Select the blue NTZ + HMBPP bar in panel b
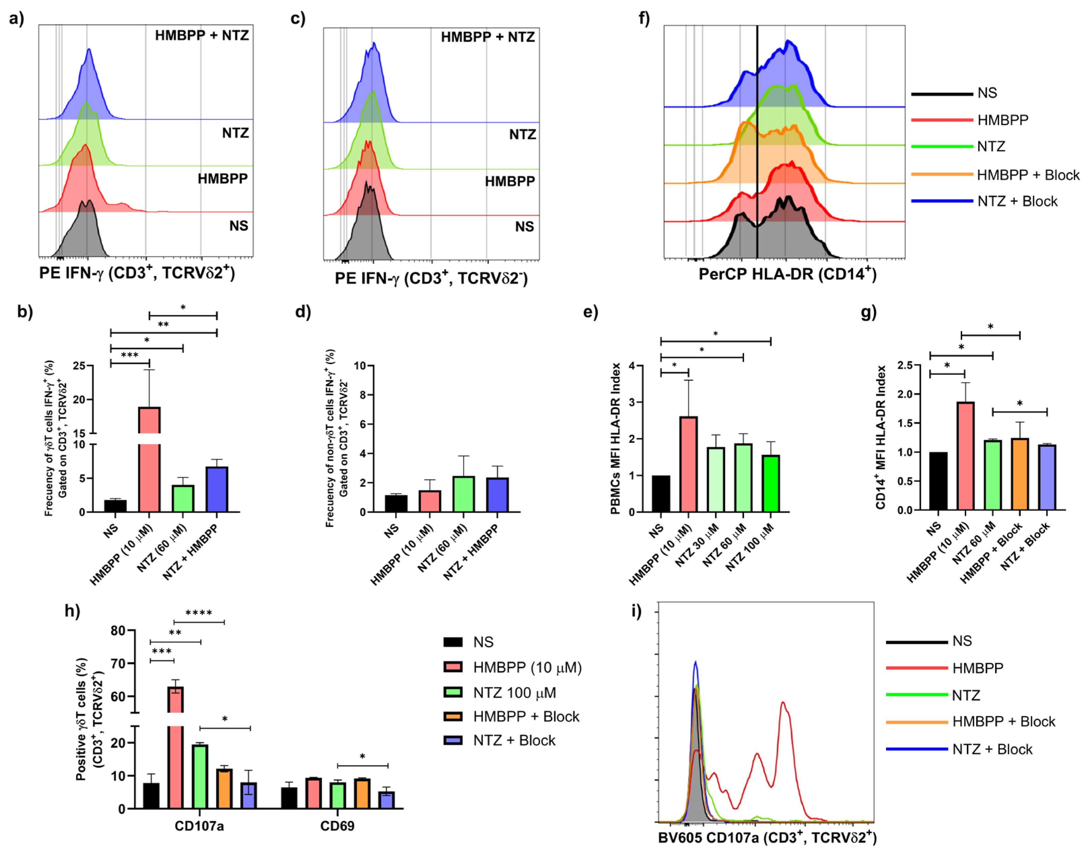coord(217,489)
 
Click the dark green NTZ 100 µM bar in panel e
coord(771,484)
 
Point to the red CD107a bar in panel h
coord(175,751)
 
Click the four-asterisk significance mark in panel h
coord(199,613)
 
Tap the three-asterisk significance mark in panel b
coord(130,355)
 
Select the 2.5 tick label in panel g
coord(905,365)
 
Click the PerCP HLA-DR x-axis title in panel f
coord(787,274)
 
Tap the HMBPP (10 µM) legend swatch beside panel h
coord(453,667)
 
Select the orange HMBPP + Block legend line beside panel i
coord(917,722)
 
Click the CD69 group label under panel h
coord(337,826)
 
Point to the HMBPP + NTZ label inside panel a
coord(202,36)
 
